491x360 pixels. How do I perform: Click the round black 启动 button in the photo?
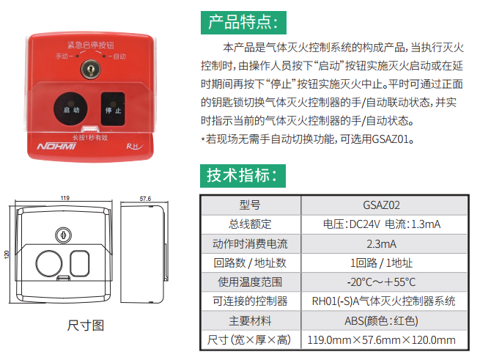(71, 109)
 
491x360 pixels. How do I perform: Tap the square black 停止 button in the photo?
(113, 109)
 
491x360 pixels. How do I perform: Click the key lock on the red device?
(91, 69)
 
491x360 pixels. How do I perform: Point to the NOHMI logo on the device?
(56, 147)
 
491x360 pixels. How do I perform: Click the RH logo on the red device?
(135, 147)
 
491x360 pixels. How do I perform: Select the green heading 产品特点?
(243, 23)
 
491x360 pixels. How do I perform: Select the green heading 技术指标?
(243, 176)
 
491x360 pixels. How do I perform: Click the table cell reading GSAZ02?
(381, 205)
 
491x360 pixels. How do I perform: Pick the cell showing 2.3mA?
(381, 243)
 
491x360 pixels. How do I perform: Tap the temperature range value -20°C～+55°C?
(381, 282)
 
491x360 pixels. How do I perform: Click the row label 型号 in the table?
(250, 205)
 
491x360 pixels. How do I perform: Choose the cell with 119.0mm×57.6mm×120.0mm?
(381, 340)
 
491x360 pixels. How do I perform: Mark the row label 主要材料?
(250, 321)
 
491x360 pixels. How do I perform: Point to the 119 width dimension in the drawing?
(65, 198)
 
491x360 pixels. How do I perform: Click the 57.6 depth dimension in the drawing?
(145, 199)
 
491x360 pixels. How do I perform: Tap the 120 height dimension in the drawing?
(7, 254)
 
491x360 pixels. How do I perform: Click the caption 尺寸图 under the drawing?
(86, 326)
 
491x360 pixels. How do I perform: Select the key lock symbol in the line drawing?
(63, 235)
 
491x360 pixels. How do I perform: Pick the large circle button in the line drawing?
(49, 263)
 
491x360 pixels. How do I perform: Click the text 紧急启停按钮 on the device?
(90, 45)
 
